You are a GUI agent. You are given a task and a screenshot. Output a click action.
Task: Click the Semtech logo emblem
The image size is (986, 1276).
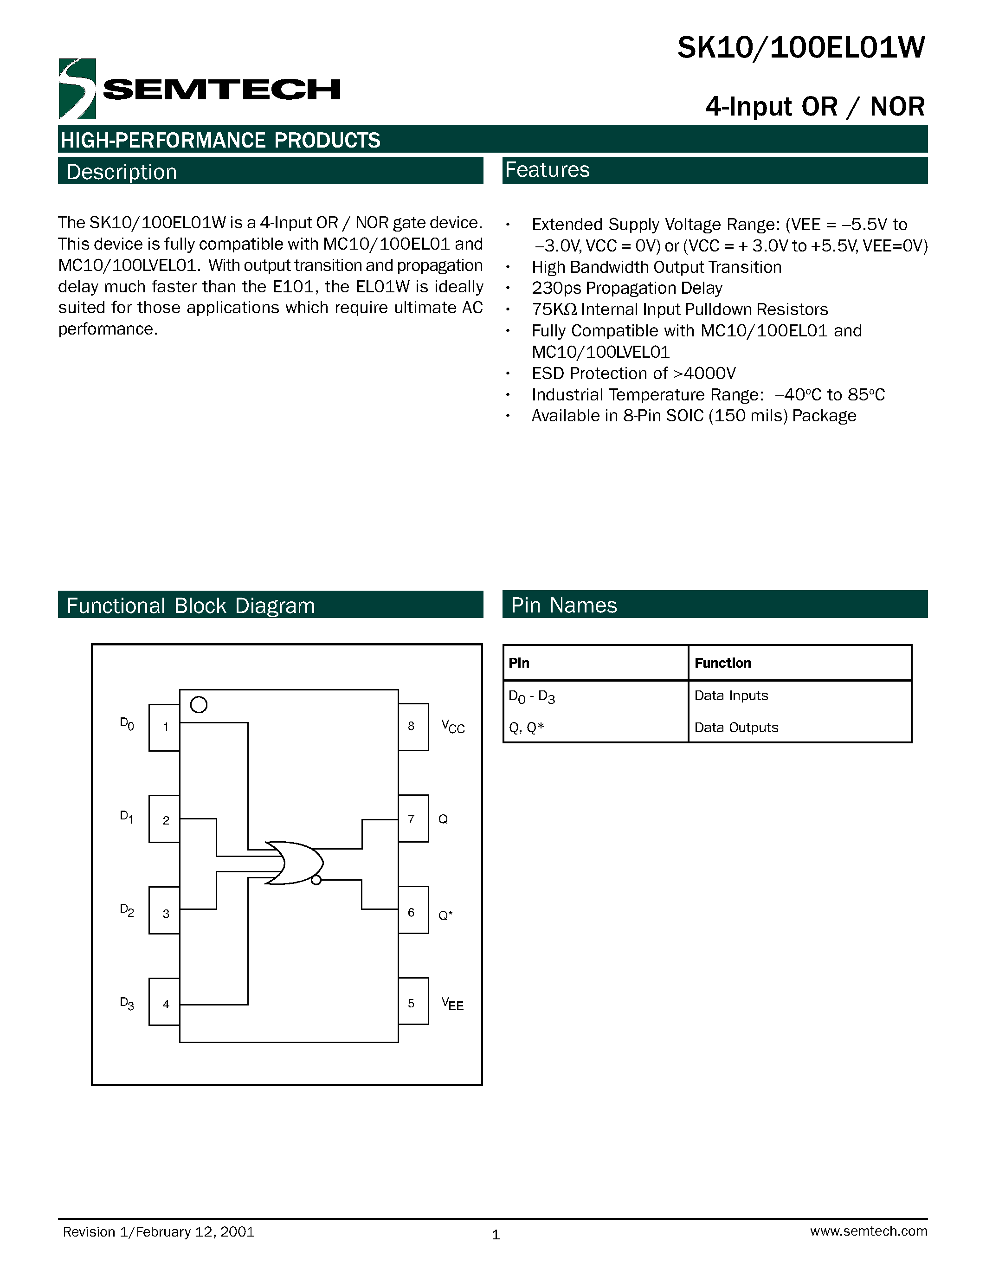(x=77, y=89)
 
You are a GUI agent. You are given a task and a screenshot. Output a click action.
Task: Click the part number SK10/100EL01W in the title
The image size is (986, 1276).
(x=801, y=48)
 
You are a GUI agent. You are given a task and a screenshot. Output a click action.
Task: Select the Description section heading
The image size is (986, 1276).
(x=122, y=172)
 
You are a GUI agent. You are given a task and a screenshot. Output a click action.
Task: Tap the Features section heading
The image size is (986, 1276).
(x=548, y=170)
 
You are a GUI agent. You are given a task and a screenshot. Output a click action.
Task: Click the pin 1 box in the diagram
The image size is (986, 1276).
(x=165, y=728)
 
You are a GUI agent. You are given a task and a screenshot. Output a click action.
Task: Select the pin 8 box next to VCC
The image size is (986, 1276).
(x=413, y=726)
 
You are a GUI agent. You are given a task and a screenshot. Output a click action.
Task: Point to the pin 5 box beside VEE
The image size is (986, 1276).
(x=413, y=1003)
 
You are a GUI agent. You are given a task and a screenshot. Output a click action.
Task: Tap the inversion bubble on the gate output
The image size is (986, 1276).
(x=316, y=880)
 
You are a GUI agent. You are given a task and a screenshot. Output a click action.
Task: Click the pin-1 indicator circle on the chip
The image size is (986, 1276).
(x=199, y=705)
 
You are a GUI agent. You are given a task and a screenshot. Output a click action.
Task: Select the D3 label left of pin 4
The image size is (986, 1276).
(x=127, y=1003)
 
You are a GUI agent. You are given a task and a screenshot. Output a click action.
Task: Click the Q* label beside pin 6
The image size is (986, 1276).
(x=445, y=915)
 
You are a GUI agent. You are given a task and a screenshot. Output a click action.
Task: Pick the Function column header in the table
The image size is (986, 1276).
(x=722, y=663)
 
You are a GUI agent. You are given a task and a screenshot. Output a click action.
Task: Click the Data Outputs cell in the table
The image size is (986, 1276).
(x=736, y=728)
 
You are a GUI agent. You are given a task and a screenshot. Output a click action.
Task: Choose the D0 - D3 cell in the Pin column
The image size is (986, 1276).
(x=532, y=696)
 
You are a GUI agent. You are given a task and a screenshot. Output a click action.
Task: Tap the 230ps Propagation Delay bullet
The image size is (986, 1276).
(x=627, y=288)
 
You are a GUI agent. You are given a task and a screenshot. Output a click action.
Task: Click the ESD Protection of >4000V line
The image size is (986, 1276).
(x=633, y=374)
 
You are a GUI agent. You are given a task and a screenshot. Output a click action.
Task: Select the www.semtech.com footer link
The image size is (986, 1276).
(x=868, y=1231)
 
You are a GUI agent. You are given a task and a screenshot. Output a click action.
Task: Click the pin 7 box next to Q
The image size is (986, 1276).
(x=413, y=818)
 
